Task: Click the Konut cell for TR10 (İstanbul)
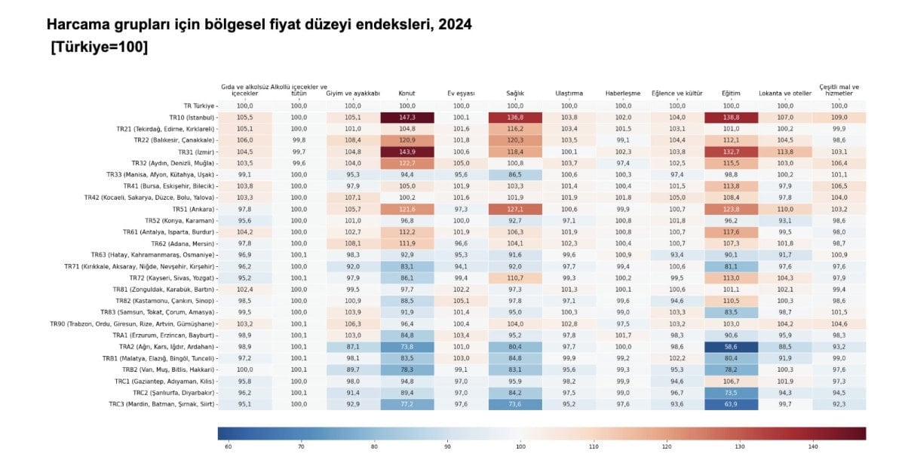click(x=407, y=118)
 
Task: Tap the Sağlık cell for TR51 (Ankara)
click(x=516, y=209)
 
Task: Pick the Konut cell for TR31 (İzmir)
click(x=407, y=152)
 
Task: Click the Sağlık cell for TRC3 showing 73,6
click(x=516, y=404)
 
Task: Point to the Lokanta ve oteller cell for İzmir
click(x=785, y=152)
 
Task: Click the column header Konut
click(x=406, y=94)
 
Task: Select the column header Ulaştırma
click(x=569, y=94)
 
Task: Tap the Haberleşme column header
click(x=623, y=94)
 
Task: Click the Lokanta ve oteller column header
click(x=785, y=94)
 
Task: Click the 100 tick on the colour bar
click(x=520, y=447)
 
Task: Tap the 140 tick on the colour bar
click(x=813, y=447)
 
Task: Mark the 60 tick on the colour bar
click(x=228, y=447)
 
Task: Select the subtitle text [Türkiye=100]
click(x=99, y=47)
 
